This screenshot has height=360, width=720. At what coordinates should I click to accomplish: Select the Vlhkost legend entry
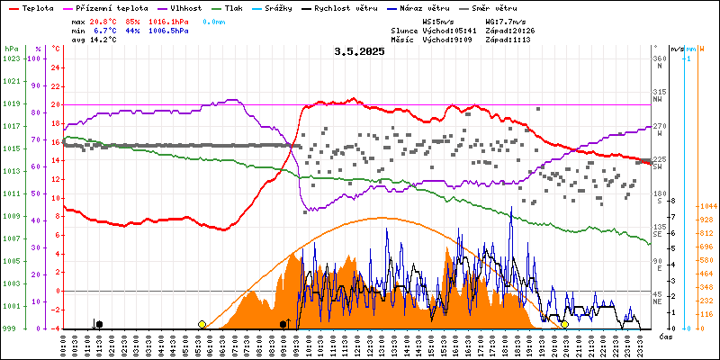pos(187,7)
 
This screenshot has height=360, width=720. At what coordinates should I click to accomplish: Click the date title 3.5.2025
pos(359,51)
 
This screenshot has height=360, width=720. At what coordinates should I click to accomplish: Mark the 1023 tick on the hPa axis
pos(11,58)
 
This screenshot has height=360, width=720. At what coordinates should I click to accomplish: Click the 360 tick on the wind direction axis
pos(660,58)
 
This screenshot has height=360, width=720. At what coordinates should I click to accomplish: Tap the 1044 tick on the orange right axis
pos(706,206)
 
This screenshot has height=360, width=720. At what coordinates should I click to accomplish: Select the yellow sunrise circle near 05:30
pos(202,324)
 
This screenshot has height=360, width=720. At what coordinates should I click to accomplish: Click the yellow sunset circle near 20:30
pos(564,324)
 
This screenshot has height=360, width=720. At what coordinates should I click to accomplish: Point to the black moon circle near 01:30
pos(99,324)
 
